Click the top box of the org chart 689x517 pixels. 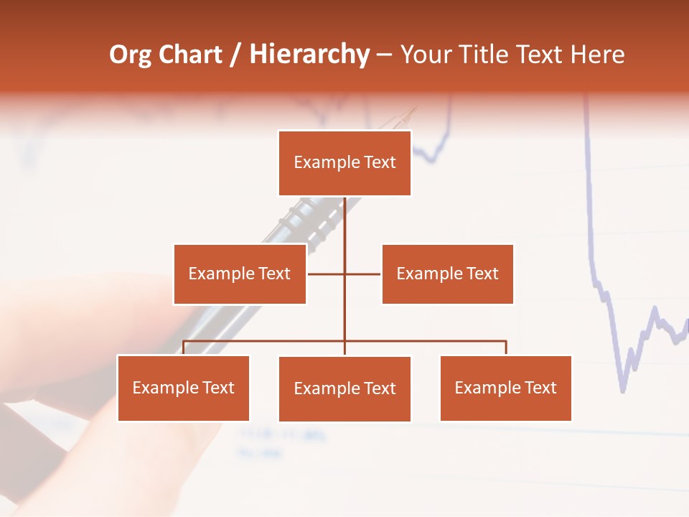click(x=344, y=163)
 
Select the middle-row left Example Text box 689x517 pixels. click(x=240, y=274)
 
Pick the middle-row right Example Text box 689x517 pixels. click(x=447, y=274)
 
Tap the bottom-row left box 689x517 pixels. click(x=183, y=388)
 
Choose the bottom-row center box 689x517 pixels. click(x=344, y=388)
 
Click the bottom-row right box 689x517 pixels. click(x=505, y=388)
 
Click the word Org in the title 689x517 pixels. click(x=130, y=55)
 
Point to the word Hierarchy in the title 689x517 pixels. click(x=309, y=55)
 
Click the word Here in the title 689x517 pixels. click(x=597, y=55)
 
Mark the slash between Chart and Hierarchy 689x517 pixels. click(x=235, y=55)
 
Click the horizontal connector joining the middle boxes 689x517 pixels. click(x=362, y=274)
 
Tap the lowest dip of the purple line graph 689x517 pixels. click(x=622, y=390)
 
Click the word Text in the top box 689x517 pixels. click(x=379, y=162)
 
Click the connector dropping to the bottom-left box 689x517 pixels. click(x=183, y=348)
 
